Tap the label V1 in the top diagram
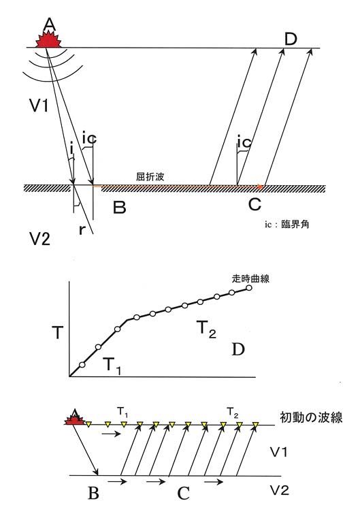point(39,106)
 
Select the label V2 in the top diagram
point(40,238)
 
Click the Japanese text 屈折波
point(150,176)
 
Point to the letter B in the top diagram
point(119,207)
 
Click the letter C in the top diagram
point(255,204)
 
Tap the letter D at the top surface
point(291,39)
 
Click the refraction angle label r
point(82,229)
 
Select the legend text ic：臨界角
point(287,225)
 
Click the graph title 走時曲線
point(250,278)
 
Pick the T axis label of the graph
point(57,332)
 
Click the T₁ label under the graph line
point(112,366)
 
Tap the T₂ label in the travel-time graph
point(206,329)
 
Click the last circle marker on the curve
point(249,288)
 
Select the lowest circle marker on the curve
point(82,365)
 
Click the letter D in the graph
point(238,349)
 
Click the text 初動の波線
point(311,417)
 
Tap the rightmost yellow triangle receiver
point(255,425)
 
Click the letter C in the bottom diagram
point(184,493)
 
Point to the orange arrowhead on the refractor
point(261,187)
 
